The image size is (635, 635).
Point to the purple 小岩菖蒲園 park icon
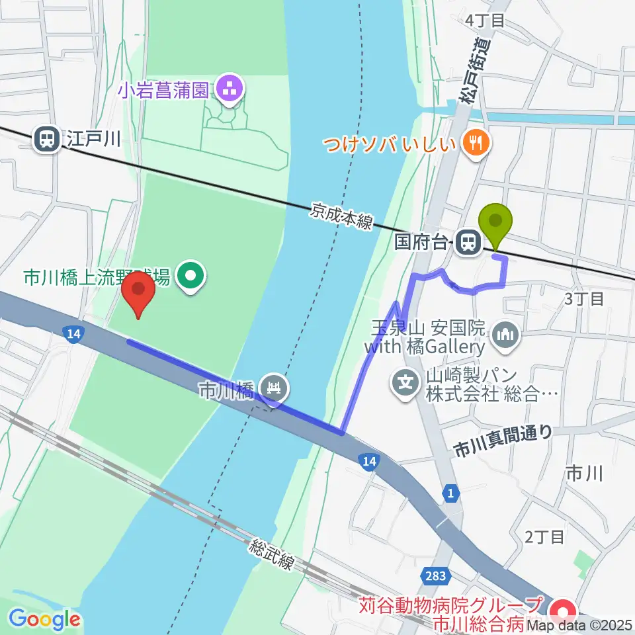pyautogui.click(x=230, y=89)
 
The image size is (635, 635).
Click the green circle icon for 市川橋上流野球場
pyautogui.click(x=191, y=278)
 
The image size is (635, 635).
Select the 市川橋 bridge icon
pyautogui.click(x=274, y=388)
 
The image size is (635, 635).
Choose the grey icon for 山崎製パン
pyautogui.click(x=405, y=382)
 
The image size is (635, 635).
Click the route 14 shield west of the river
pyautogui.click(x=73, y=335)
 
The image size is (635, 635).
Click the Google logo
pyautogui.click(x=45, y=619)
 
